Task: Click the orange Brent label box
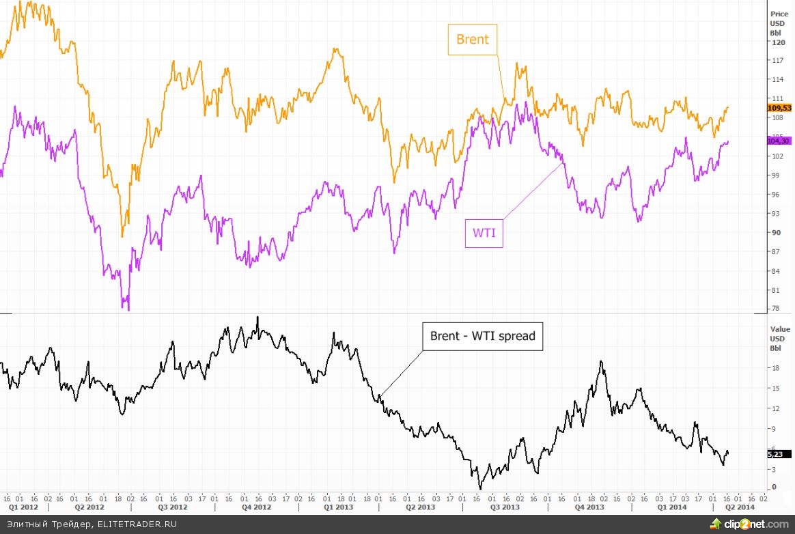pyautogui.click(x=472, y=40)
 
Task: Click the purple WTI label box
pyautogui.click(x=484, y=233)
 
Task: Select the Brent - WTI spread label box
pyautogui.click(x=483, y=336)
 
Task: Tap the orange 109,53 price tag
pyautogui.click(x=779, y=108)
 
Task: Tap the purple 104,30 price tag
pyautogui.click(x=779, y=140)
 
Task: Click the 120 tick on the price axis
pyautogui.click(x=777, y=42)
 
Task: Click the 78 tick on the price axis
pyautogui.click(x=775, y=309)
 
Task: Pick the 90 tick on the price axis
pyautogui.click(x=775, y=233)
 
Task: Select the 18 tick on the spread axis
pyautogui.click(x=775, y=367)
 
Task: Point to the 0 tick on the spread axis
pyautogui.click(x=773, y=488)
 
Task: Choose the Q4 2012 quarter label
pyautogui.click(x=257, y=507)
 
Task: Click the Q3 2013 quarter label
pyautogui.click(x=505, y=507)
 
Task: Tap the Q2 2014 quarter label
pyautogui.click(x=739, y=507)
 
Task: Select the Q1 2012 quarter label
pyautogui.click(x=23, y=507)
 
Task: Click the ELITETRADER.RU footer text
pyautogui.click(x=136, y=524)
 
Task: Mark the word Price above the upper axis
pyautogui.click(x=779, y=14)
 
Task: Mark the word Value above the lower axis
pyautogui.click(x=779, y=328)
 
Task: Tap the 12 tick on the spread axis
pyautogui.click(x=775, y=408)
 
